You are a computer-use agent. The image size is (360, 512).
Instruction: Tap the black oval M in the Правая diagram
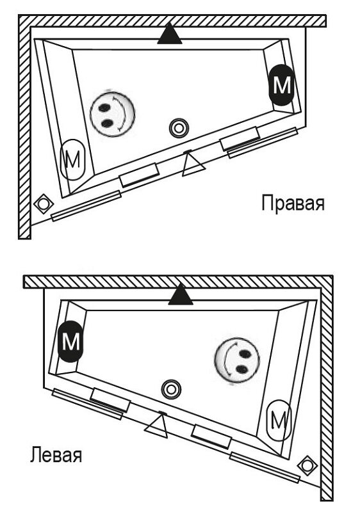coord(281,85)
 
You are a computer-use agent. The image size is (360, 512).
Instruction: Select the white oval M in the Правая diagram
coord(72,159)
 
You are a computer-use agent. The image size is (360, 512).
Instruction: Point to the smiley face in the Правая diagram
coord(112,113)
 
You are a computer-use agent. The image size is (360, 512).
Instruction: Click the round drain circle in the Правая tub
coord(178,128)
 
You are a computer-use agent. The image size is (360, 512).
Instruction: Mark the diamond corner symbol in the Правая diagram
coord(43,204)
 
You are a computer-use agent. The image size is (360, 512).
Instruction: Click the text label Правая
coord(293,204)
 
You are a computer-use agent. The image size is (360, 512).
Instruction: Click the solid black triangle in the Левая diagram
coord(181,295)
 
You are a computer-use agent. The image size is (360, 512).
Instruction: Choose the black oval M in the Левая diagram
coord(70,340)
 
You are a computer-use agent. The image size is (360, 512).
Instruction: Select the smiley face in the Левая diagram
coord(238,362)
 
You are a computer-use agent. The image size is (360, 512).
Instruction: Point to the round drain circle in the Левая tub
coord(170,388)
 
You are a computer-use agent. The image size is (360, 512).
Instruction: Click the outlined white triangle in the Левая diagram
coord(157,425)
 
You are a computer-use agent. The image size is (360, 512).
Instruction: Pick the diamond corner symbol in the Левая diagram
coord(307,464)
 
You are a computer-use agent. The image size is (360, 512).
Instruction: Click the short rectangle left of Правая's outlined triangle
coord(140,174)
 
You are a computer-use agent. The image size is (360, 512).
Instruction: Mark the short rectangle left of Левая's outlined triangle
coord(110,399)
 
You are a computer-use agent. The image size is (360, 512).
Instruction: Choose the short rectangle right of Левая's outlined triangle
coord(211,436)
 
